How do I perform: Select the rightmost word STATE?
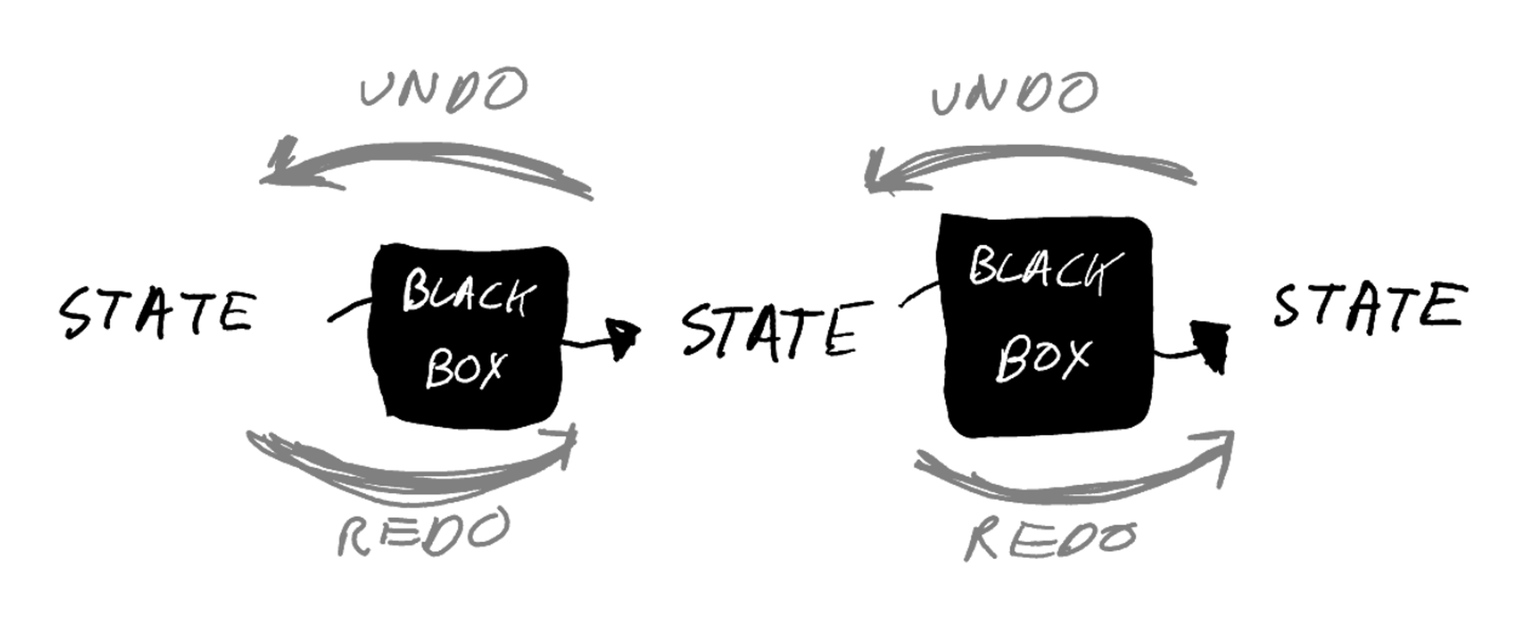[x=1370, y=306]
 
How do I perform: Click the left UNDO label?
[x=444, y=90]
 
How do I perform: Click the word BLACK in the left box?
[x=468, y=293]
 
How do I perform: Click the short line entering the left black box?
[x=350, y=311]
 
